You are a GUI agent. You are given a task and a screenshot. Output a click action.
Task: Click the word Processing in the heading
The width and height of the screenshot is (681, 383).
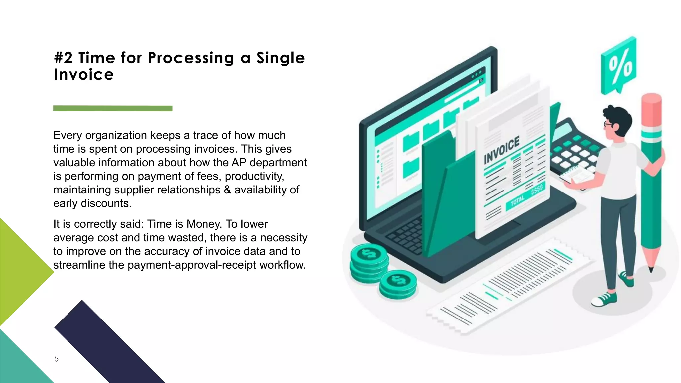191,58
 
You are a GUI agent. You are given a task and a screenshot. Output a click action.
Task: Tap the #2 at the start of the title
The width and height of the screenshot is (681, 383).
63,58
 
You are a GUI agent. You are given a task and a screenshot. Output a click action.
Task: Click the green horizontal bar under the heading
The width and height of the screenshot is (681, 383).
113,108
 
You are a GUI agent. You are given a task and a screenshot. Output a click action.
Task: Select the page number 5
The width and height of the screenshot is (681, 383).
57,359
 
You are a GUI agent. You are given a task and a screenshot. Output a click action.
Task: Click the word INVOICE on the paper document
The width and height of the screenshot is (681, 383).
501,150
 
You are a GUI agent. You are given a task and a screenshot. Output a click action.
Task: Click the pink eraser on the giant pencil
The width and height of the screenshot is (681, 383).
651,110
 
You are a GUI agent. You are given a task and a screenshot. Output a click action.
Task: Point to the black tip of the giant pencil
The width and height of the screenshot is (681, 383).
651,269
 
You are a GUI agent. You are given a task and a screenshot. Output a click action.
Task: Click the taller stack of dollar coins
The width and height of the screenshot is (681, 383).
369,263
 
